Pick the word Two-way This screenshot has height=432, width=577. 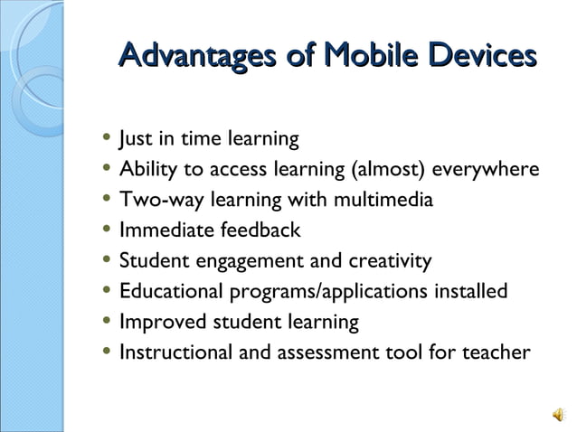(157, 201)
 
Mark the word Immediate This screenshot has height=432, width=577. (165, 230)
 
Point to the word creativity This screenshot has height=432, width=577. (386, 261)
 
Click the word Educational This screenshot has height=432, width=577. (170, 291)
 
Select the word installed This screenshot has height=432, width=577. (468, 291)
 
